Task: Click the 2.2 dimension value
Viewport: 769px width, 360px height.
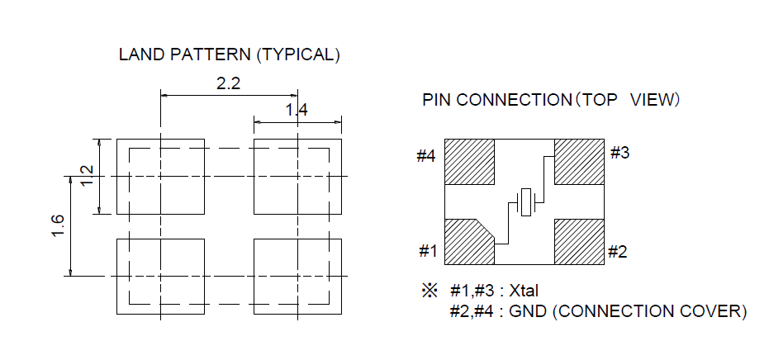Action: tap(229, 83)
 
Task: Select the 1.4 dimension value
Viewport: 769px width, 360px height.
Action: tap(297, 111)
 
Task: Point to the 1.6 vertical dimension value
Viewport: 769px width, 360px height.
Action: tap(58, 225)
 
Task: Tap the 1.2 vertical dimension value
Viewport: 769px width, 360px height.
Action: tap(86, 176)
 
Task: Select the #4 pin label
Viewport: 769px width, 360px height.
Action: tap(427, 156)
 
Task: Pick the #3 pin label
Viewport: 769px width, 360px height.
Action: tap(619, 153)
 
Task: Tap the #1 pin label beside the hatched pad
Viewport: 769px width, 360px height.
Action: tap(427, 252)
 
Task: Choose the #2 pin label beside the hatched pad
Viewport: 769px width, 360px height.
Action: tap(618, 252)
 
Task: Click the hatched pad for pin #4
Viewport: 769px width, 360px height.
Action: tap(469, 162)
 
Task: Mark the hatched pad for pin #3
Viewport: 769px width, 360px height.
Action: tap(579, 162)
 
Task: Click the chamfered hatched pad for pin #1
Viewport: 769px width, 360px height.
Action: tap(468, 243)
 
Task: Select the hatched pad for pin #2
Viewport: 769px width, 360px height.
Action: tap(579, 242)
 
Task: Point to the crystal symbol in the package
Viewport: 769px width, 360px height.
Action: tap(525, 202)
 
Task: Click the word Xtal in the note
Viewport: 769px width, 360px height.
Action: tap(524, 291)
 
